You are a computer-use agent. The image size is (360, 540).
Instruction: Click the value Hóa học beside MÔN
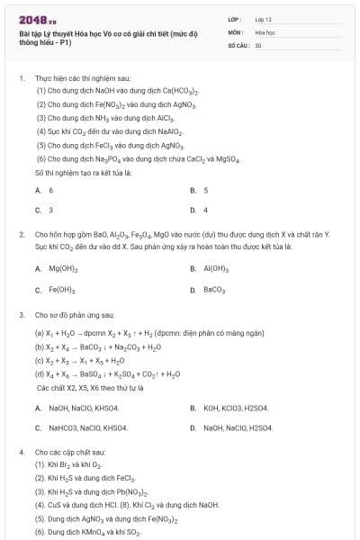(x=265, y=31)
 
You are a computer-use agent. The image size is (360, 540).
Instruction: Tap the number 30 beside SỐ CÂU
(x=258, y=44)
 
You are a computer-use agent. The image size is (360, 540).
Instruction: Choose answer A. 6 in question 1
(x=45, y=190)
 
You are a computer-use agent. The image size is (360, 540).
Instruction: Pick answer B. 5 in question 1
(x=200, y=190)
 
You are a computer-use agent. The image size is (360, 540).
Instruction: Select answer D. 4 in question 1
(x=200, y=210)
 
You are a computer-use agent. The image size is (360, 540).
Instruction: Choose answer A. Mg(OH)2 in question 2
(x=58, y=268)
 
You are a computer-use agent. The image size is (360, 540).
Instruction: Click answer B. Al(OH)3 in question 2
(x=213, y=268)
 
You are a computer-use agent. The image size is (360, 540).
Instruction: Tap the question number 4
(x=21, y=451)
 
